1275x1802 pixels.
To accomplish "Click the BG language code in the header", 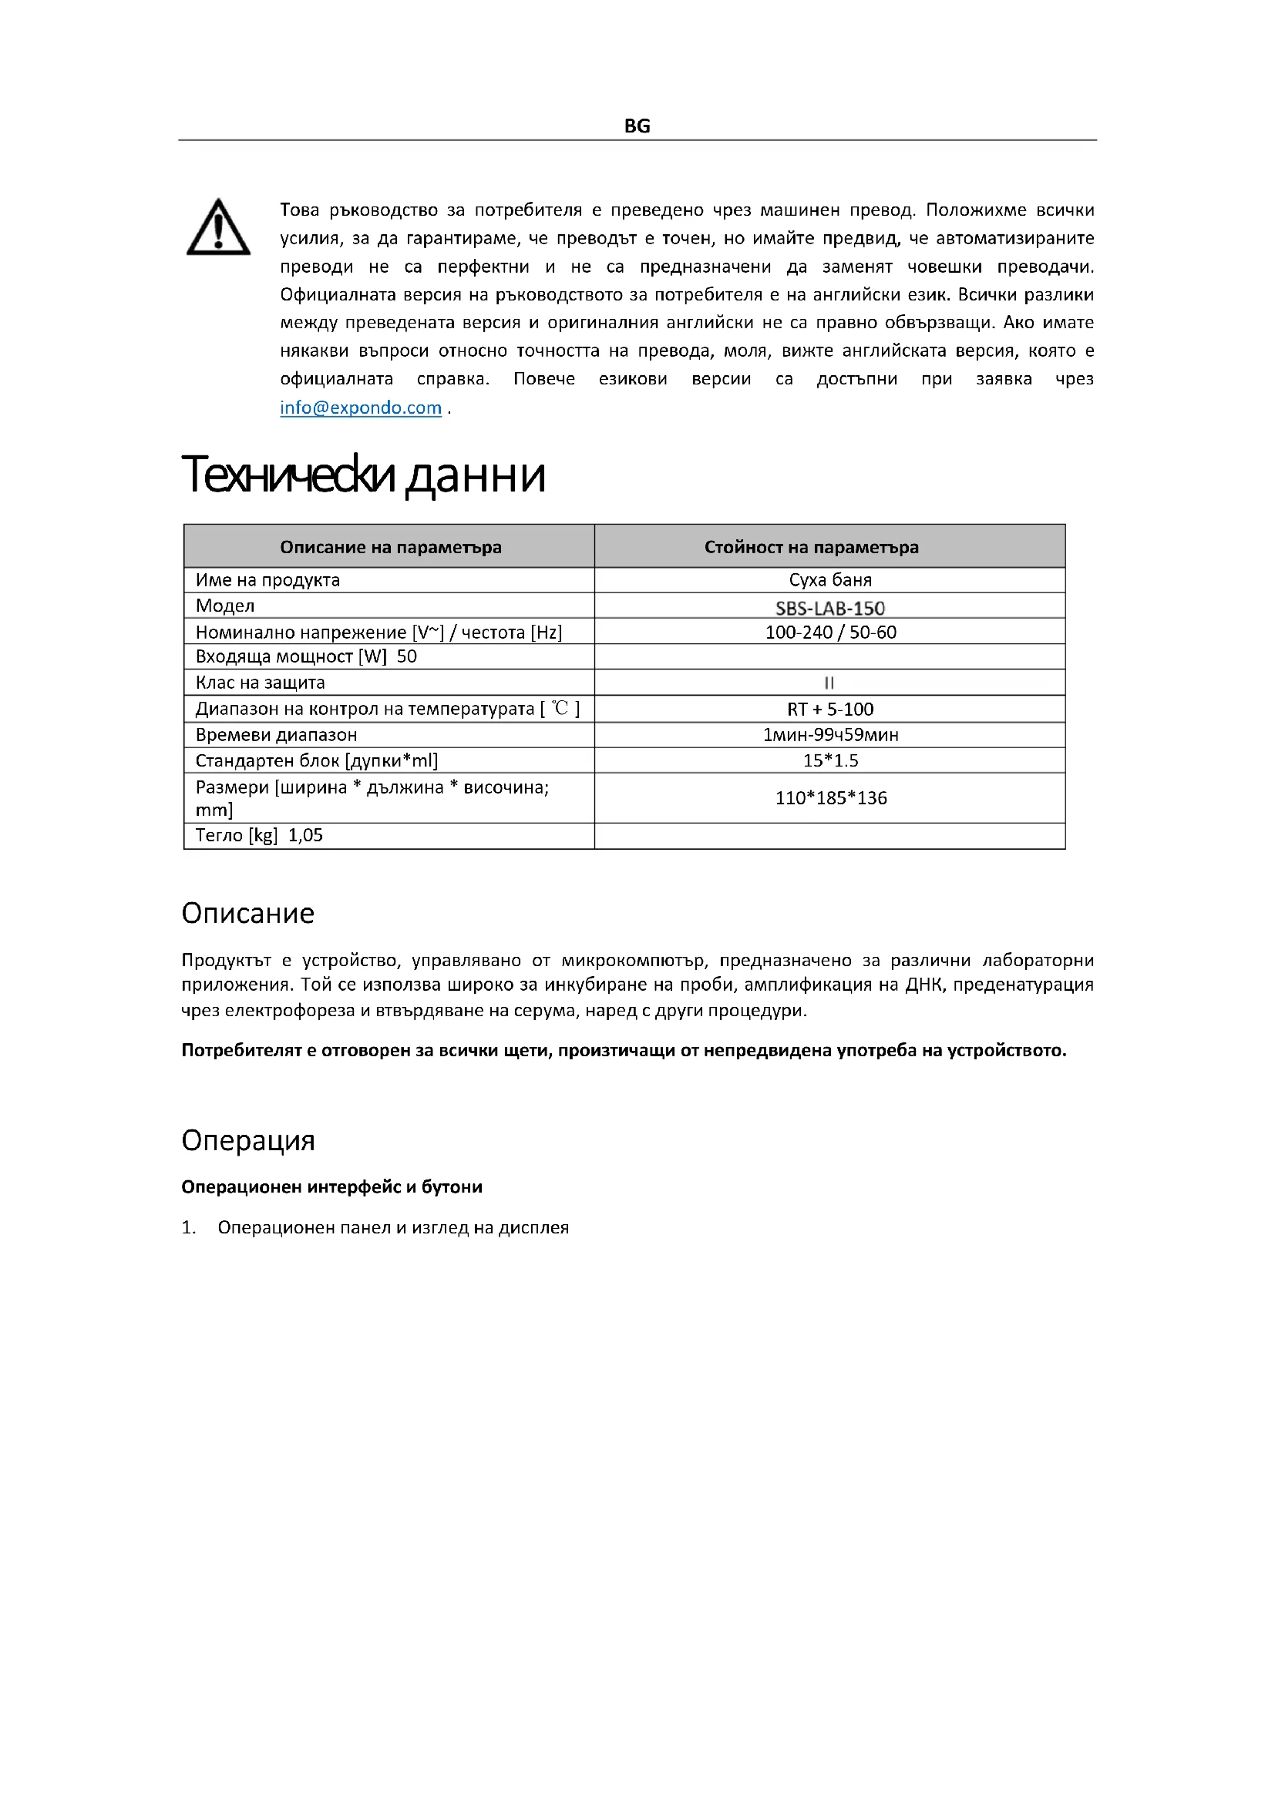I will (637, 126).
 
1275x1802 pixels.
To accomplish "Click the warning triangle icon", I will (218, 227).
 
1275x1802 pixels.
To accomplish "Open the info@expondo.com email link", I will (360, 408).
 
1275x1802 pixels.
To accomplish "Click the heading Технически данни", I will (363, 475).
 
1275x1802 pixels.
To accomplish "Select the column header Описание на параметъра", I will (390, 547).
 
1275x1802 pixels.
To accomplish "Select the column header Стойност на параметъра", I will (811, 547).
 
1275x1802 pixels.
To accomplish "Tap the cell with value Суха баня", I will (830, 580).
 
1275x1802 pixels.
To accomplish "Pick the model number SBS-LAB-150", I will (830, 607).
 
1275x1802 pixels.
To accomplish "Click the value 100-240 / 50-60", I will (831, 632).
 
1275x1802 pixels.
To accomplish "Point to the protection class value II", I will (829, 683).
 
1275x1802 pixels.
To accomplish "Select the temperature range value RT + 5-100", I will (830, 709).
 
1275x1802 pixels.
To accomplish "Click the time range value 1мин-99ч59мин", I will (831, 735).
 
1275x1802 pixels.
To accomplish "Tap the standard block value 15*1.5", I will (831, 760).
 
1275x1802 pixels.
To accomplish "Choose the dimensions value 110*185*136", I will (831, 798).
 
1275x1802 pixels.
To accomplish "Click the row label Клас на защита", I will (260, 683).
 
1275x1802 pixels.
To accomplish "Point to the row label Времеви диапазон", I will (277, 735).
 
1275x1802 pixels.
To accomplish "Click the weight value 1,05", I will (305, 835).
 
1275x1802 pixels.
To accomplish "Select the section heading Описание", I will (248, 913).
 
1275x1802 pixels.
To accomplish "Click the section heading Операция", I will (248, 1139).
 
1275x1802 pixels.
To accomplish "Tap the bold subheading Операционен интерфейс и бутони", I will (331, 1186).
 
